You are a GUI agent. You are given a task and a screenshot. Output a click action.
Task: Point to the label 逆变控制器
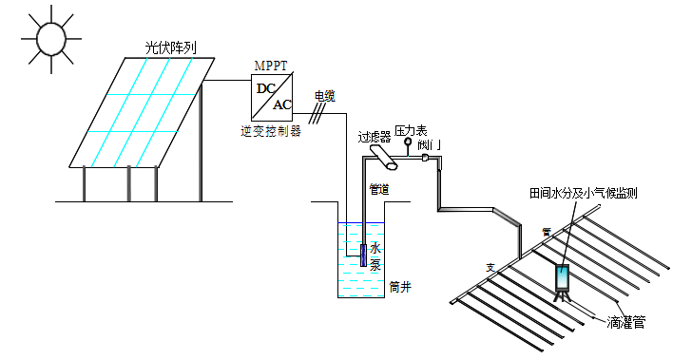pos(271,130)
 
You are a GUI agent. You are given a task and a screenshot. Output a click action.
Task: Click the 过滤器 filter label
pos(374,137)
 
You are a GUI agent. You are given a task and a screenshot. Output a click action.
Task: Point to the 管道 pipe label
pos(378,189)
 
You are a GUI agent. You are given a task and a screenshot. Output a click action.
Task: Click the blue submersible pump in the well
pos(362,255)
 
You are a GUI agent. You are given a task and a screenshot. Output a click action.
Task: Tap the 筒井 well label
pos(399,286)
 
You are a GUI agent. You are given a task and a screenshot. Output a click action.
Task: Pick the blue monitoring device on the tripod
pos(562,277)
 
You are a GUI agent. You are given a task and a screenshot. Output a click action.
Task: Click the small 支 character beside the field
pos(490,267)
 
